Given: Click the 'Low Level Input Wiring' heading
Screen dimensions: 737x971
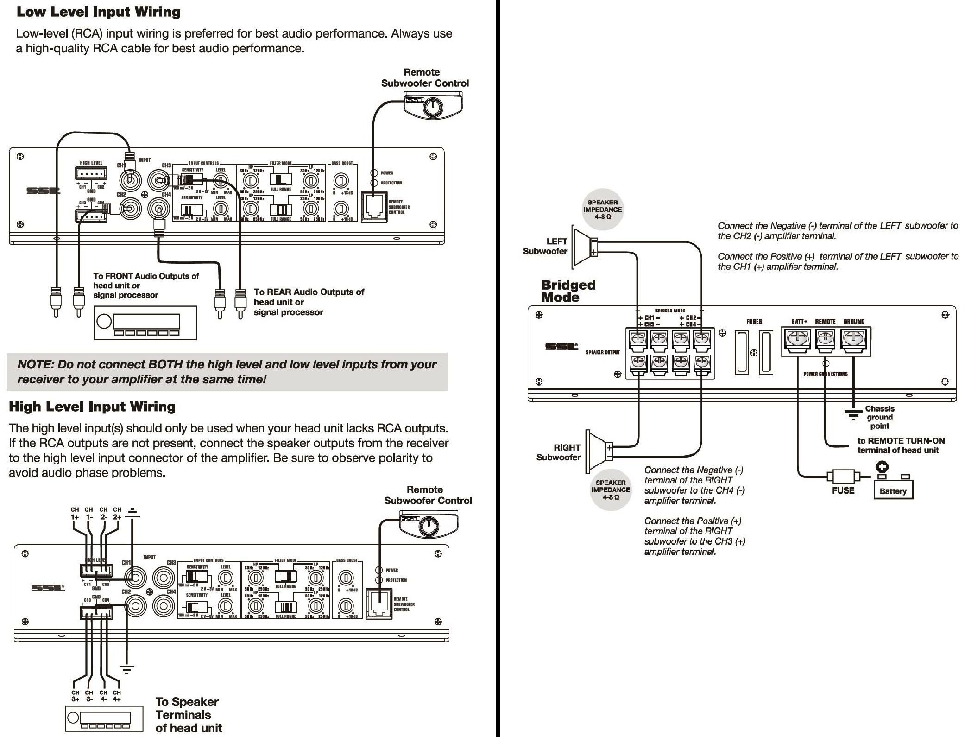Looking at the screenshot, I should point(98,12).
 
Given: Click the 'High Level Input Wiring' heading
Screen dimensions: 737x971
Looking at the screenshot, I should point(92,407).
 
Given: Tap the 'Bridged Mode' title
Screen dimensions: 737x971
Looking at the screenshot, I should point(568,291).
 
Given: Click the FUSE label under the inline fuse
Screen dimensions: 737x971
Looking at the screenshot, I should point(843,490).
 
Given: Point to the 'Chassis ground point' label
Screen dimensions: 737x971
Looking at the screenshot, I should point(879,417).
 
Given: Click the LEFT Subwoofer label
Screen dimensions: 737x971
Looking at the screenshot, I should point(545,246).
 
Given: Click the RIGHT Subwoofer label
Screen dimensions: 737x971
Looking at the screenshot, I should point(558,452).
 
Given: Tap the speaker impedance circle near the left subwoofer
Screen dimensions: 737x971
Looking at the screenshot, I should point(602,210).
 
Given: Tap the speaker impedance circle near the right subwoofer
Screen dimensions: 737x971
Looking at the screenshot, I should point(611,489).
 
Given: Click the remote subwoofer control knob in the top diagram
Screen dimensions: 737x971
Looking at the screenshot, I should point(433,107).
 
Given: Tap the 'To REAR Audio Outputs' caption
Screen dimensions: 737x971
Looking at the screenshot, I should point(309,302).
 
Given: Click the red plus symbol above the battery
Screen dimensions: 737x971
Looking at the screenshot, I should point(882,467).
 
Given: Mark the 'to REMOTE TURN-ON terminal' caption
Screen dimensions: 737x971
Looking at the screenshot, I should point(901,445).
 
